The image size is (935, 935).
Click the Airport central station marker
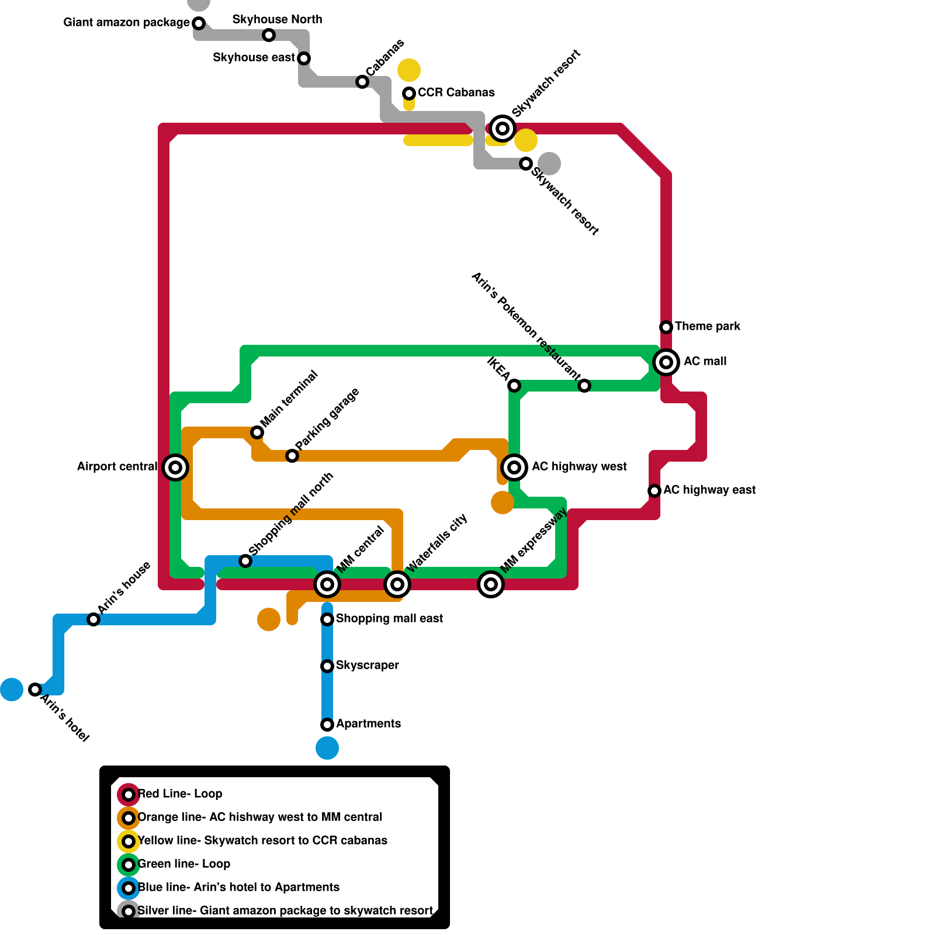pyautogui.click(x=175, y=467)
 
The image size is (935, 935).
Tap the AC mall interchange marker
pyautogui.click(x=666, y=362)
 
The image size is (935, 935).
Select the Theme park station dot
pyautogui.click(x=666, y=327)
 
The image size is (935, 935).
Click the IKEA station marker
pyautogui.click(x=514, y=385)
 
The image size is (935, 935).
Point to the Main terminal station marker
pyautogui.click(x=257, y=432)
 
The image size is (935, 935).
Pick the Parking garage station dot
pyautogui.click(x=292, y=455)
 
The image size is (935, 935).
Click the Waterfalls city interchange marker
pyautogui.click(x=397, y=584)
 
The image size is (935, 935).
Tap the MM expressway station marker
pyautogui.click(x=491, y=584)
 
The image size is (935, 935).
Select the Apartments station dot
pyautogui.click(x=327, y=724)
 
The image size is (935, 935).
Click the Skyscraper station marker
pyautogui.click(x=327, y=666)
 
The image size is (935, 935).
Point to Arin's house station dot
pyautogui.click(x=93, y=619)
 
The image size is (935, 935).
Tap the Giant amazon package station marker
pyautogui.click(x=199, y=23)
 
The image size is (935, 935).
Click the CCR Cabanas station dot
pyautogui.click(x=409, y=93)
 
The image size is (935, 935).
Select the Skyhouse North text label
pyautogui.click(x=277, y=19)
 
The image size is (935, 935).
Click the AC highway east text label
pyautogui.click(x=709, y=490)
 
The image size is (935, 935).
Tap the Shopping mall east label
pyautogui.click(x=389, y=618)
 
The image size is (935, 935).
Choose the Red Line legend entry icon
pyautogui.click(x=129, y=794)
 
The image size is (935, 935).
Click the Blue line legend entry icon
pyautogui.click(x=129, y=888)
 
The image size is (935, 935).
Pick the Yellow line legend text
pyautogui.click(x=262, y=840)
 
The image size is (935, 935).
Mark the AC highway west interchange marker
pyautogui.click(x=514, y=467)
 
